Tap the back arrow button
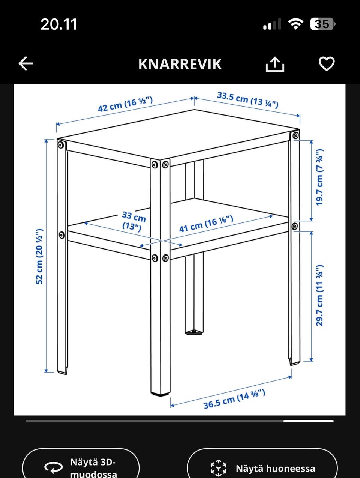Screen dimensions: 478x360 coord(26,64)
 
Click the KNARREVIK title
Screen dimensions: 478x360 coord(180,64)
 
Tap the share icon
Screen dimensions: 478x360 coord(275,64)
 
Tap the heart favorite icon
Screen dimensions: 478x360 coord(326,64)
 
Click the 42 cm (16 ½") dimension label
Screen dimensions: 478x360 coord(125,104)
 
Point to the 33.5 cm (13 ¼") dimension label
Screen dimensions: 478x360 coord(247,99)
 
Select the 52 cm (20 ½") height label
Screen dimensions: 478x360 coord(39,256)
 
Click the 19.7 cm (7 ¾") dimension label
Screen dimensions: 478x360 coord(319,177)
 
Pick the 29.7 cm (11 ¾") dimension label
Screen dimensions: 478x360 coord(319,295)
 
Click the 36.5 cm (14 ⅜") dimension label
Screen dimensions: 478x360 coord(234,400)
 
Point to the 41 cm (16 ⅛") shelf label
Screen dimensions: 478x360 coord(206,224)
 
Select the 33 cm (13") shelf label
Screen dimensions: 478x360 coord(133,221)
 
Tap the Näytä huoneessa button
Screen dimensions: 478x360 coord(262,468)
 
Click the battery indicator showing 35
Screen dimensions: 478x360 coord(322,24)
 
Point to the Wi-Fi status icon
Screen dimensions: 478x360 coord(295,24)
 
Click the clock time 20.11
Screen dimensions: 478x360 coord(59,24)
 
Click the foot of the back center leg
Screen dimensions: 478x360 coord(194,332)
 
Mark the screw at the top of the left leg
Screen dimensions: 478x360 coord(61,144)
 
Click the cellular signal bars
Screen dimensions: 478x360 coord(272,25)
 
